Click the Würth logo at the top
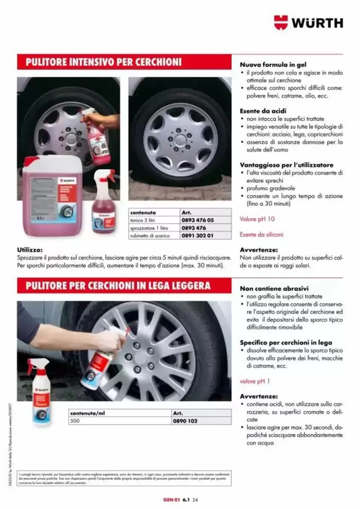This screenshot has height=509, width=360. point(308,22)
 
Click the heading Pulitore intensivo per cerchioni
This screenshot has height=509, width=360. point(100,62)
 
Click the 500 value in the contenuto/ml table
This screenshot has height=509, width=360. point(76,420)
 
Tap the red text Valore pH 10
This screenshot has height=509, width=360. point(258,219)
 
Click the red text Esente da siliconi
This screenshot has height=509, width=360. point(262,234)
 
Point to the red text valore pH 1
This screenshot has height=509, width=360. point(256,381)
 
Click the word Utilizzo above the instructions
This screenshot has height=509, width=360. point(29,250)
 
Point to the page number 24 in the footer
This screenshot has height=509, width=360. point(195,498)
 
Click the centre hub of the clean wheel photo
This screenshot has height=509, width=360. point(180,139)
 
